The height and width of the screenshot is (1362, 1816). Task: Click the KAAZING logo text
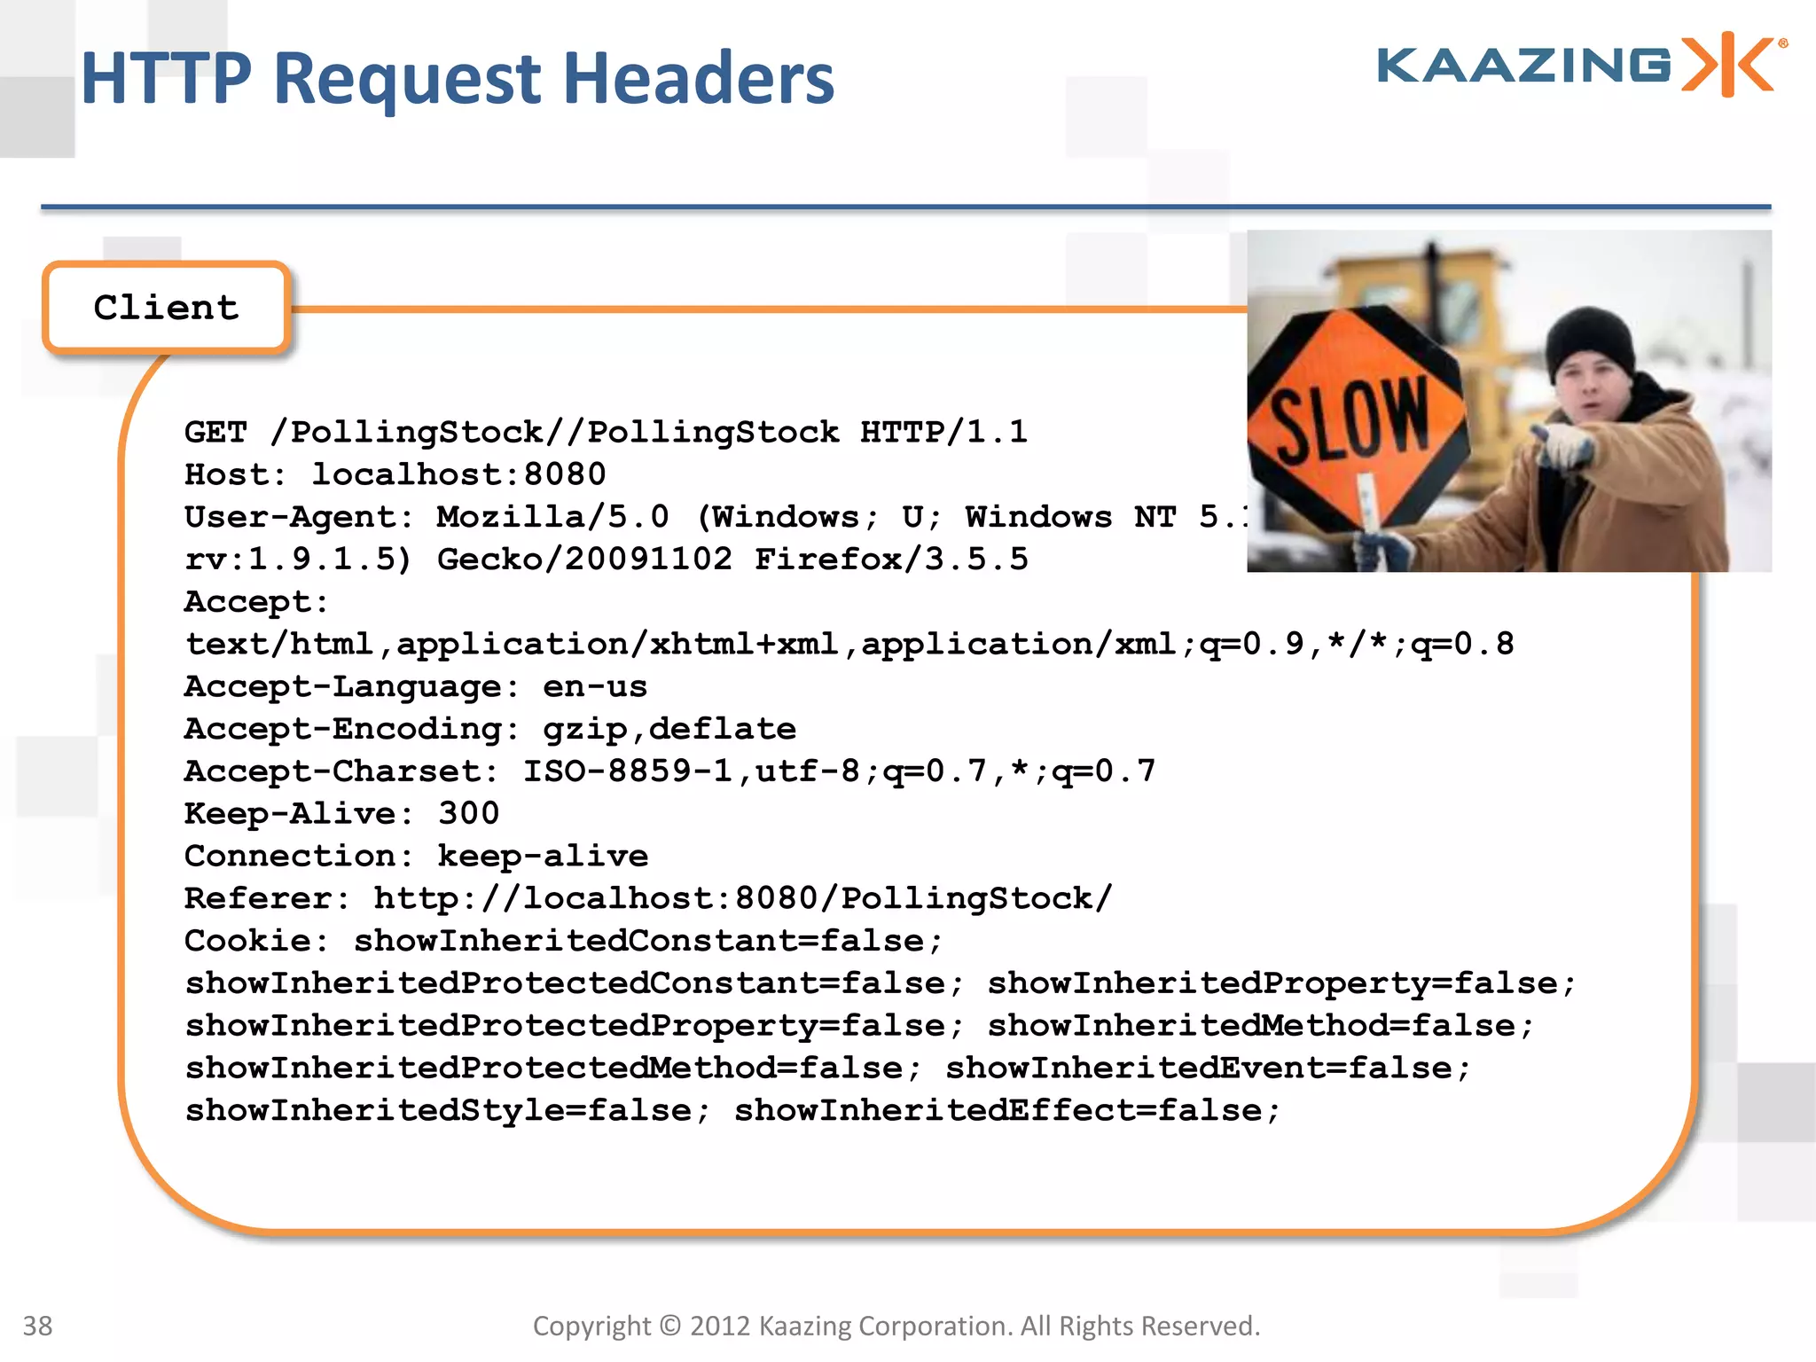(1523, 66)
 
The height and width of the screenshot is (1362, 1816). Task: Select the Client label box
(167, 308)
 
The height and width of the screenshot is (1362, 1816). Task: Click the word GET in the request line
(215, 432)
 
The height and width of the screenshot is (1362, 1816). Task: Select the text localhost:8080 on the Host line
(458, 474)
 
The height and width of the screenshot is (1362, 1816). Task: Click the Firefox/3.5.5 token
(891, 560)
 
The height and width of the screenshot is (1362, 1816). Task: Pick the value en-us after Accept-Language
(595, 687)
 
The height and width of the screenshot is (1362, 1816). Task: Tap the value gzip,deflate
(669, 730)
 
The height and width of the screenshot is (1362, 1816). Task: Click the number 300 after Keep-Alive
(469, 814)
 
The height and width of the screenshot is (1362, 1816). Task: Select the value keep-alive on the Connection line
(543, 857)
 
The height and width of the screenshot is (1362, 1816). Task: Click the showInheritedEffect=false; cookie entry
(1007, 1111)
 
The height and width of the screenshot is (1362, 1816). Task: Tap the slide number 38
(37, 1326)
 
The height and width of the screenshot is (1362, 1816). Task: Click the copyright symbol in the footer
(670, 1326)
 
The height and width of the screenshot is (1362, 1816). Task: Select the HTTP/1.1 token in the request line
(943, 432)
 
